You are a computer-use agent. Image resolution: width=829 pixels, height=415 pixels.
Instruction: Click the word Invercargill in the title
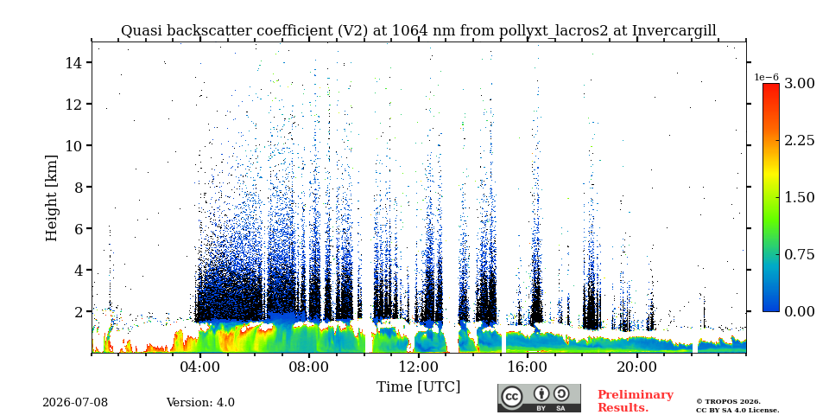pyautogui.click(x=674, y=30)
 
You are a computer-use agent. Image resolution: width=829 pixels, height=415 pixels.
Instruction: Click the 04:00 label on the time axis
pyautogui.click(x=199, y=367)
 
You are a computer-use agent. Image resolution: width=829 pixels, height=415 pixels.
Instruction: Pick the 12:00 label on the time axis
pyautogui.click(x=418, y=367)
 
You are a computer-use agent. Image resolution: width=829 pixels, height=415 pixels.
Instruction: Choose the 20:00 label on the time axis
pyautogui.click(x=636, y=367)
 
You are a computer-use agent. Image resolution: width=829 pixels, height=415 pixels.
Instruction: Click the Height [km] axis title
pyautogui.click(x=51, y=198)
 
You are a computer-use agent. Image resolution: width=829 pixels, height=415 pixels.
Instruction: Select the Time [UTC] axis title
pyautogui.click(x=418, y=387)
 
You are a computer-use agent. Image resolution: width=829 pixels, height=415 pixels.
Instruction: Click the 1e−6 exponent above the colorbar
pyautogui.click(x=766, y=77)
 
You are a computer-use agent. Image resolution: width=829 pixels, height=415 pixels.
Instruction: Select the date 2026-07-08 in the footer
pyautogui.click(x=75, y=403)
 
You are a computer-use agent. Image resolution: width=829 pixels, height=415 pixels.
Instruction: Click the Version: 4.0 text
pyautogui.click(x=200, y=403)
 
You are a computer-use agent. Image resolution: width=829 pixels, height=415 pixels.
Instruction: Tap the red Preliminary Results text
pyautogui.click(x=636, y=400)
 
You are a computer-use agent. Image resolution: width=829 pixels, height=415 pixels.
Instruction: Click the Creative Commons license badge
pyautogui.click(x=539, y=398)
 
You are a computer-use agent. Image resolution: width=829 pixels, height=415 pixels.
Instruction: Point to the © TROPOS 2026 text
pyautogui.click(x=728, y=402)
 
